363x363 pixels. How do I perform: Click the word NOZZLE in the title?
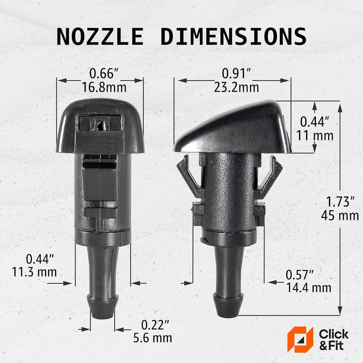101,37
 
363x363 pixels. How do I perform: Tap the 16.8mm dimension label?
101,87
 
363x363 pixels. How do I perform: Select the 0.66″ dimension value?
101,73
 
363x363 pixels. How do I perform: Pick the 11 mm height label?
315,135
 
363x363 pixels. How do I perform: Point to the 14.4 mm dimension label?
309,288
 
